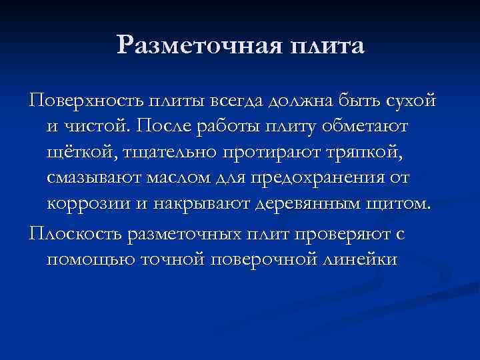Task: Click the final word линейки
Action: (359, 259)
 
